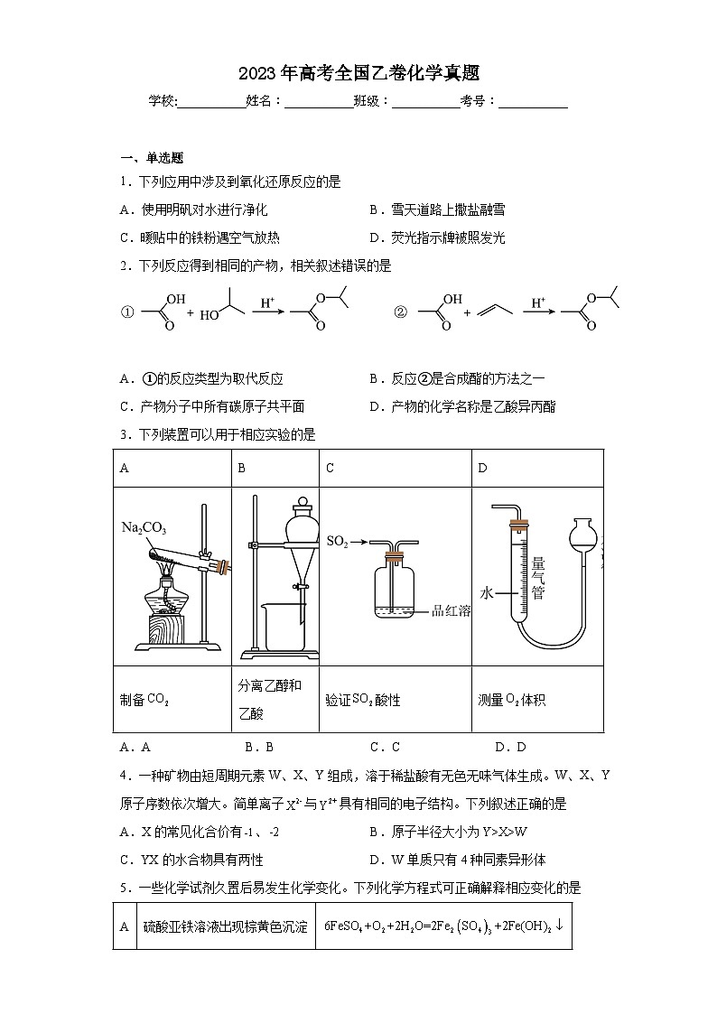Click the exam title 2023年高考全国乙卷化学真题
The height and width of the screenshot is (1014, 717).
point(358,73)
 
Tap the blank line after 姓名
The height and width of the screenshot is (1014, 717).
point(319,102)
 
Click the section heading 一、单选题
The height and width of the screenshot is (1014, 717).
point(151,157)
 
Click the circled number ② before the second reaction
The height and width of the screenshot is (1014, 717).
point(401,312)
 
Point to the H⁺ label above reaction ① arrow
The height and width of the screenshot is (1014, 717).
point(267,302)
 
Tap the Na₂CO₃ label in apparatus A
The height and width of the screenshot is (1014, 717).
point(144,528)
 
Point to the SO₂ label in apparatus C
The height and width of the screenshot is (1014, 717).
point(337,542)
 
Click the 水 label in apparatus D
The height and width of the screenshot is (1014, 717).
point(488,593)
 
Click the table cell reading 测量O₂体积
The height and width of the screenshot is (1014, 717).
point(512,699)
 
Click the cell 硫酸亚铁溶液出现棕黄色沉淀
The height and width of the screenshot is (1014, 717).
point(226,926)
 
